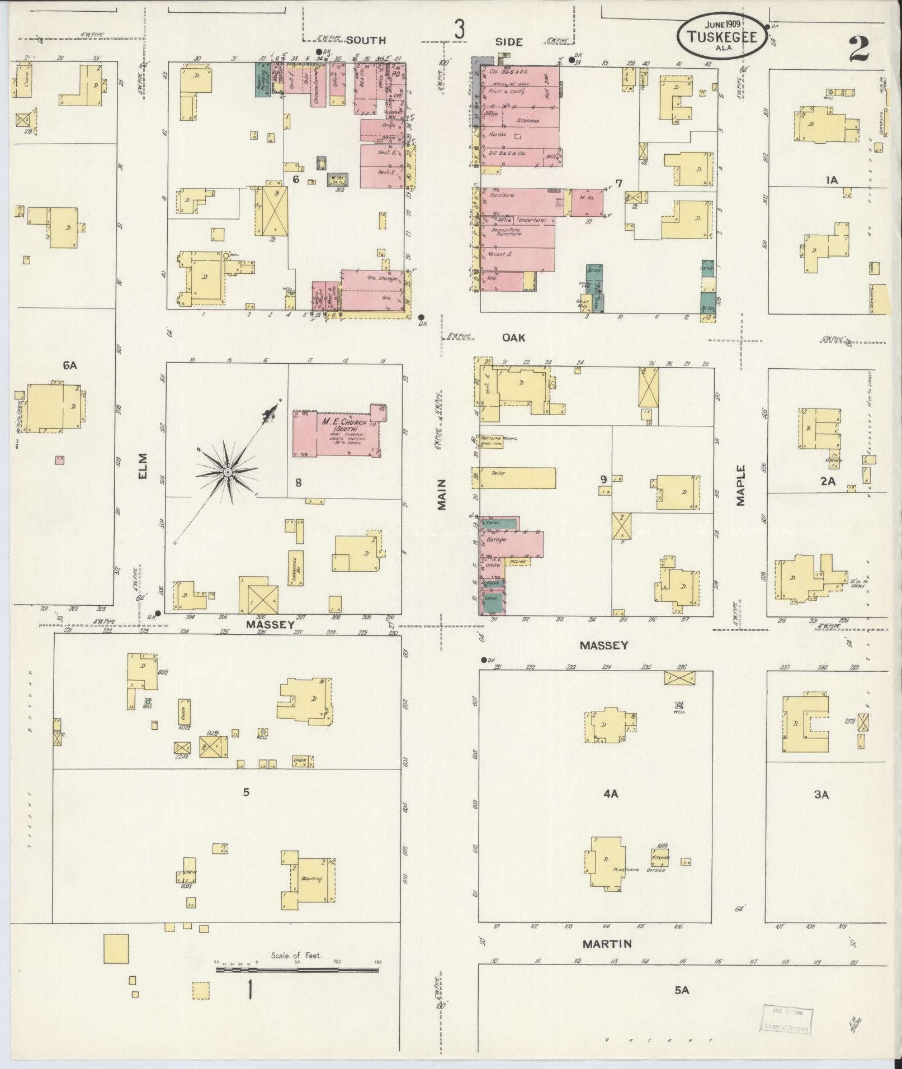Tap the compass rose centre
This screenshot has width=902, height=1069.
point(228,473)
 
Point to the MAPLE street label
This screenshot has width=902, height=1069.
point(741,485)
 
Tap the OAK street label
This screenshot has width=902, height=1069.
point(514,338)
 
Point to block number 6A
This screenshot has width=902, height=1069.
point(70,366)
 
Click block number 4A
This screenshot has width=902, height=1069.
point(611,794)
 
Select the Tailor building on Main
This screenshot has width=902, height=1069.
point(517,478)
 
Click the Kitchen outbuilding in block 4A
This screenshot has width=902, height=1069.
point(660,871)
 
